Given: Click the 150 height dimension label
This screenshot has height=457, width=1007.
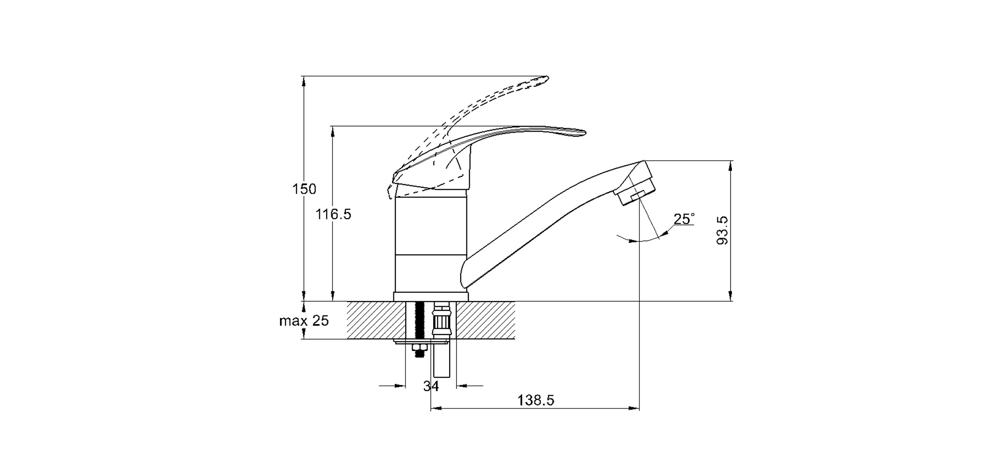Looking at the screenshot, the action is tap(304, 189).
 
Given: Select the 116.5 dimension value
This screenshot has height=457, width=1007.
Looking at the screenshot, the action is tap(334, 214).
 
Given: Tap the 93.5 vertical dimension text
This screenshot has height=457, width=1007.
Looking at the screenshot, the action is tap(722, 230).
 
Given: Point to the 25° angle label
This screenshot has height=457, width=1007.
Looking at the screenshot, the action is tap(684, 219).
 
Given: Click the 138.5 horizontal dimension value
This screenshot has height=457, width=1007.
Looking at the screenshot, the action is tap(535, 400).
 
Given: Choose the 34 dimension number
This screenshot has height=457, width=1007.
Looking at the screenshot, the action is tap(431, 386).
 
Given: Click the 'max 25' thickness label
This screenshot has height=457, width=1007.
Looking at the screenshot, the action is tap(304, 321).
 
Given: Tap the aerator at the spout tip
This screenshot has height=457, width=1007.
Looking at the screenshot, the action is tap(635, 196).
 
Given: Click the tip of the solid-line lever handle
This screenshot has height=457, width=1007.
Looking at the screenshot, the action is tap(585, 133).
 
